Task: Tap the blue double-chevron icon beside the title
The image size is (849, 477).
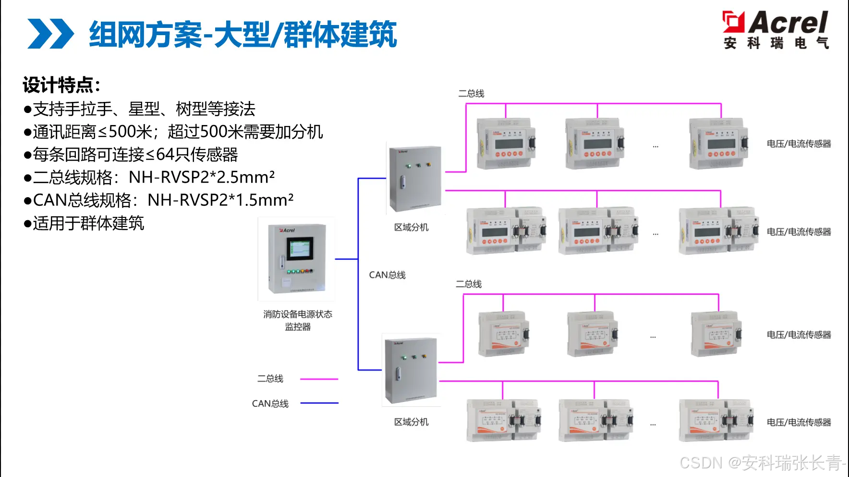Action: (x=50, y=34)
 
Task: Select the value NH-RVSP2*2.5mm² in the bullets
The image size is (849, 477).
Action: (x=202, y=177)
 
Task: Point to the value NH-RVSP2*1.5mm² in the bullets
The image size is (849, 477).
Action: (x=220, y=200)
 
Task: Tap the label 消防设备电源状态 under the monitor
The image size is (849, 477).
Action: (x=298, y=314)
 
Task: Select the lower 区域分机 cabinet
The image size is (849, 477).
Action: (x=410, y=371)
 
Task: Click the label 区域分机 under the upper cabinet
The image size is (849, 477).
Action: (x=411, y=227)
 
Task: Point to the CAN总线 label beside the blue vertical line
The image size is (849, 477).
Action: (x=387, y=275)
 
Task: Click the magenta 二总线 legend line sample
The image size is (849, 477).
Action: (x=319, y=379)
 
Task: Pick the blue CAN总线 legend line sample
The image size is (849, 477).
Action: (x=319, y=403)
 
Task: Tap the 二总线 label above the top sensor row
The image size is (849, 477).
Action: (x=471, y=93)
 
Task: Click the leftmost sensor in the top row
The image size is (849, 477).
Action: (x=506, y=143)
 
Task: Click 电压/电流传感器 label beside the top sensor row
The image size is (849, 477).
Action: (x=799, y=144)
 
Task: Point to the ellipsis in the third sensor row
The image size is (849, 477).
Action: (x=653, y=337)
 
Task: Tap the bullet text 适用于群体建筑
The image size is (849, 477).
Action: (x=88, y=223)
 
